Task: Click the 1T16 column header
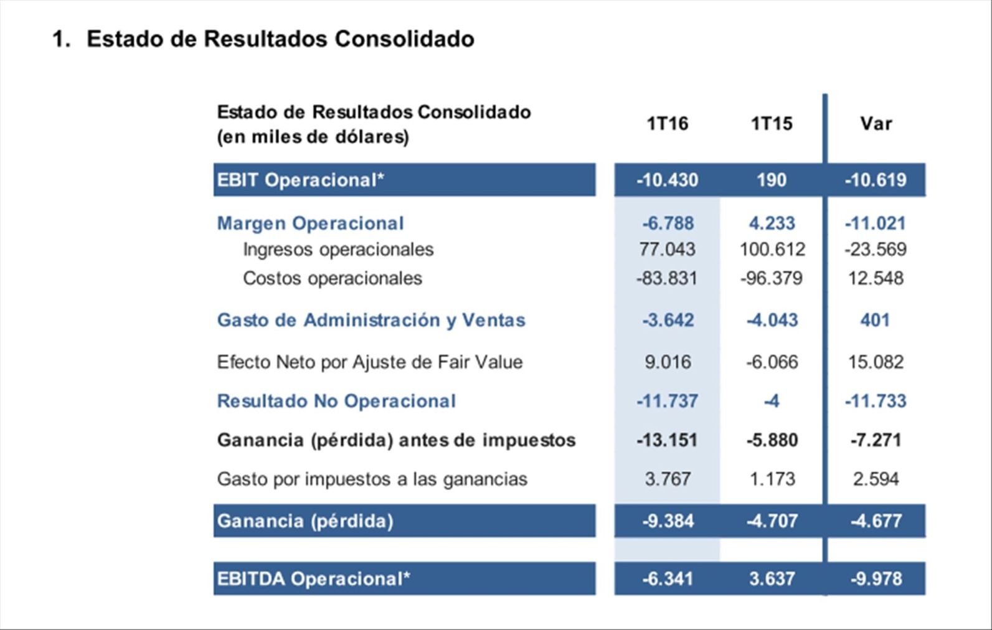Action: pyautogui.click(x=667, y=123)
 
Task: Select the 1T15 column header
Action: pyautogui.click(x=772, y=123)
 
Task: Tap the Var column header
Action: pyautogui.click(x=876, y=123)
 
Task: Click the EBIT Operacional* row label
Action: pyautogui.click(x=301, y=180)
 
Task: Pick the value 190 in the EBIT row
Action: pyautogui.click(x=772, y=180)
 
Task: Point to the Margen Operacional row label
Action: pyautogui.click(x=310, y=223)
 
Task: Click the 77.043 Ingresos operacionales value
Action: pyautogui.click(x=667, y=249)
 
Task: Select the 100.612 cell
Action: pyautogui.click(x=772, y=249)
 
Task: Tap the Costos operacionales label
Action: pyautogui.click(x=333, y=278)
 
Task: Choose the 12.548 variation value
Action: pyautogui.click(x=876, y=278)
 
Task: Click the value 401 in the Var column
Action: pyautogui.click(x=875, y=320)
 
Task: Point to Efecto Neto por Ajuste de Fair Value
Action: pyautogui.click(x=369, y=362)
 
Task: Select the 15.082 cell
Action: pyautogui.click(x=876, y=362)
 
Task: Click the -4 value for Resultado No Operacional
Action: pyautogui.click(x=772, y=401)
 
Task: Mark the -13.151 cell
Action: pyautogui.click(x=667, y=440)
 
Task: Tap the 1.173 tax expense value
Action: pyautogui.click(x=772, y=479)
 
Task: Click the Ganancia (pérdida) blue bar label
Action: pyautogui.click(x=305, y=520)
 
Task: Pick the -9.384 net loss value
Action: pyautogui.click(x=668, y=520)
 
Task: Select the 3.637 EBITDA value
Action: pyautogui.click(x=772, y=579)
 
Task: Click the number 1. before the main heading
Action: pyautogui.click(x=61, y=39)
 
